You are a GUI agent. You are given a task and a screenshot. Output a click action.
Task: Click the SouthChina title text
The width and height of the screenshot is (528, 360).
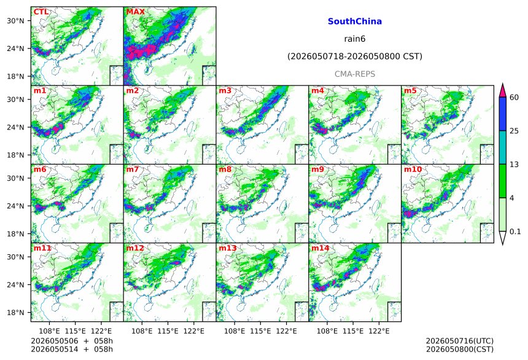point(355,22)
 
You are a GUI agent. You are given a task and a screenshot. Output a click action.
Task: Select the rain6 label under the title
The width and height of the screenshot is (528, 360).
point(355,39)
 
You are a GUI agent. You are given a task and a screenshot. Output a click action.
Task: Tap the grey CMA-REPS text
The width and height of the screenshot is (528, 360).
point(355,74)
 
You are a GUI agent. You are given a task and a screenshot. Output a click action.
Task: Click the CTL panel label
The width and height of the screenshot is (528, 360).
point(41,12)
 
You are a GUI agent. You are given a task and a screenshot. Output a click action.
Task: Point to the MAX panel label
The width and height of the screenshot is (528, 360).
point(135,12)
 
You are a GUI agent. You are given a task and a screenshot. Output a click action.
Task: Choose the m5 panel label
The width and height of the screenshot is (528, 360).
point(410,90)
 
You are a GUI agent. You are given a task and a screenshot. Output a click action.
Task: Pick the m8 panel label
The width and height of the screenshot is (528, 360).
point(225,169)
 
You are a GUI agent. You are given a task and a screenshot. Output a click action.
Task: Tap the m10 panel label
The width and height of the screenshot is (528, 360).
point(413,169)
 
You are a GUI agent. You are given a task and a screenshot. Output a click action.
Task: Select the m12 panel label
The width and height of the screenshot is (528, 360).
point(135,248)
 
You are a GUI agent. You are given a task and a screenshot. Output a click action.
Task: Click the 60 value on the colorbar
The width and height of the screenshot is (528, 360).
point(514,98)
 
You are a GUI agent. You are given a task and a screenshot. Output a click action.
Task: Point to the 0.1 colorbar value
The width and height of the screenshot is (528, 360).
point(515,232)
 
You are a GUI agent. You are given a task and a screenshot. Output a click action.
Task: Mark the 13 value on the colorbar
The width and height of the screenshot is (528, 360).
point(514,165)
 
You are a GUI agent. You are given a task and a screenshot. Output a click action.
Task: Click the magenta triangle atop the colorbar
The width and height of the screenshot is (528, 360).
point(503,91)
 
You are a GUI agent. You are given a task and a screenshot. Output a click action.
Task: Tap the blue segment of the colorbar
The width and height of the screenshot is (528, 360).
point(503,114)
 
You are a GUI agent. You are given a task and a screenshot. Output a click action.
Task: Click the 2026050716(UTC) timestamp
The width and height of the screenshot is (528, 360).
point(460,341)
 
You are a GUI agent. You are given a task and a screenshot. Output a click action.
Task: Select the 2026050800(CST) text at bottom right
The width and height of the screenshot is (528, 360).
point(460,349)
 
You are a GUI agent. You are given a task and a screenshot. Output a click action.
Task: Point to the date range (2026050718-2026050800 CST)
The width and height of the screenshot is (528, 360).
point(355,57)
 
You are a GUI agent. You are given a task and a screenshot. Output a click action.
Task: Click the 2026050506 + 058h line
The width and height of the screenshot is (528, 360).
point(72,341)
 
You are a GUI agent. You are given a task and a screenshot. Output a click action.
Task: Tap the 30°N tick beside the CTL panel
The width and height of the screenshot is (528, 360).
point(15,21)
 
